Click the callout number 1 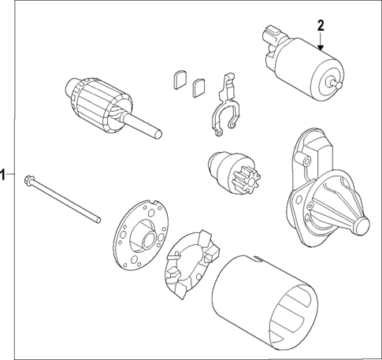click(x=4, y=175)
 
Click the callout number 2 click(x=321, y=25)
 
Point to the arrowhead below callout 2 click(x=321, y=49)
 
